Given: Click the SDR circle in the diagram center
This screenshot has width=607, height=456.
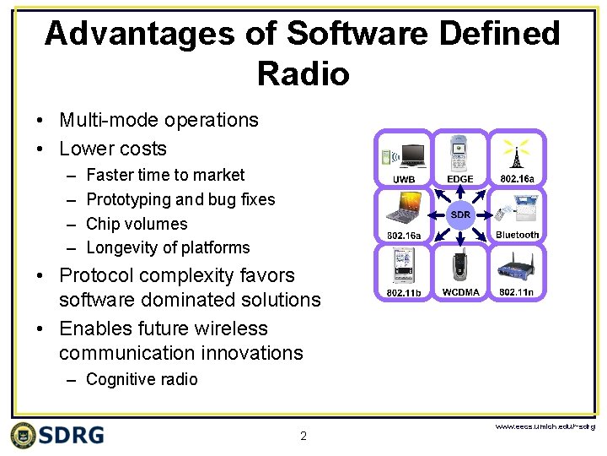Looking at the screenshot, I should [460, 214].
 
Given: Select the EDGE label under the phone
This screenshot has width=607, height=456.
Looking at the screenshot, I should [460, 179].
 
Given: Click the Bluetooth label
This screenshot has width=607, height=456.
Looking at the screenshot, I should [517, 235].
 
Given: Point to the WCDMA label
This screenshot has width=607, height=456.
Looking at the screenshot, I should [460, 292].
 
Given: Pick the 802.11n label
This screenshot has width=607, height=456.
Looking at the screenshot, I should [517, 292].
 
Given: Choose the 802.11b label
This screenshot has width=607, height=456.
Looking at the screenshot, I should [403, 292].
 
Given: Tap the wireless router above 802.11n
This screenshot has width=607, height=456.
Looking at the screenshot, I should [517, 266].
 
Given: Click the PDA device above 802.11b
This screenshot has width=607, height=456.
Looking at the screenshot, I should [403, 266].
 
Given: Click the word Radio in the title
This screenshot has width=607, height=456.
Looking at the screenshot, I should [303, 74].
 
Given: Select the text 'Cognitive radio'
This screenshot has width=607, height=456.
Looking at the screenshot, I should [142, 379].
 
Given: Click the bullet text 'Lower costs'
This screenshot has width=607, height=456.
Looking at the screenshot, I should [113, 149].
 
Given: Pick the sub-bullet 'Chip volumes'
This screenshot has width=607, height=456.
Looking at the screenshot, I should [137, 224].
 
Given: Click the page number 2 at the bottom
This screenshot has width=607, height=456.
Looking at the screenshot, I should [303, 437].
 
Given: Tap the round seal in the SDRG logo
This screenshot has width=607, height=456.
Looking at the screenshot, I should [24, 435].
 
